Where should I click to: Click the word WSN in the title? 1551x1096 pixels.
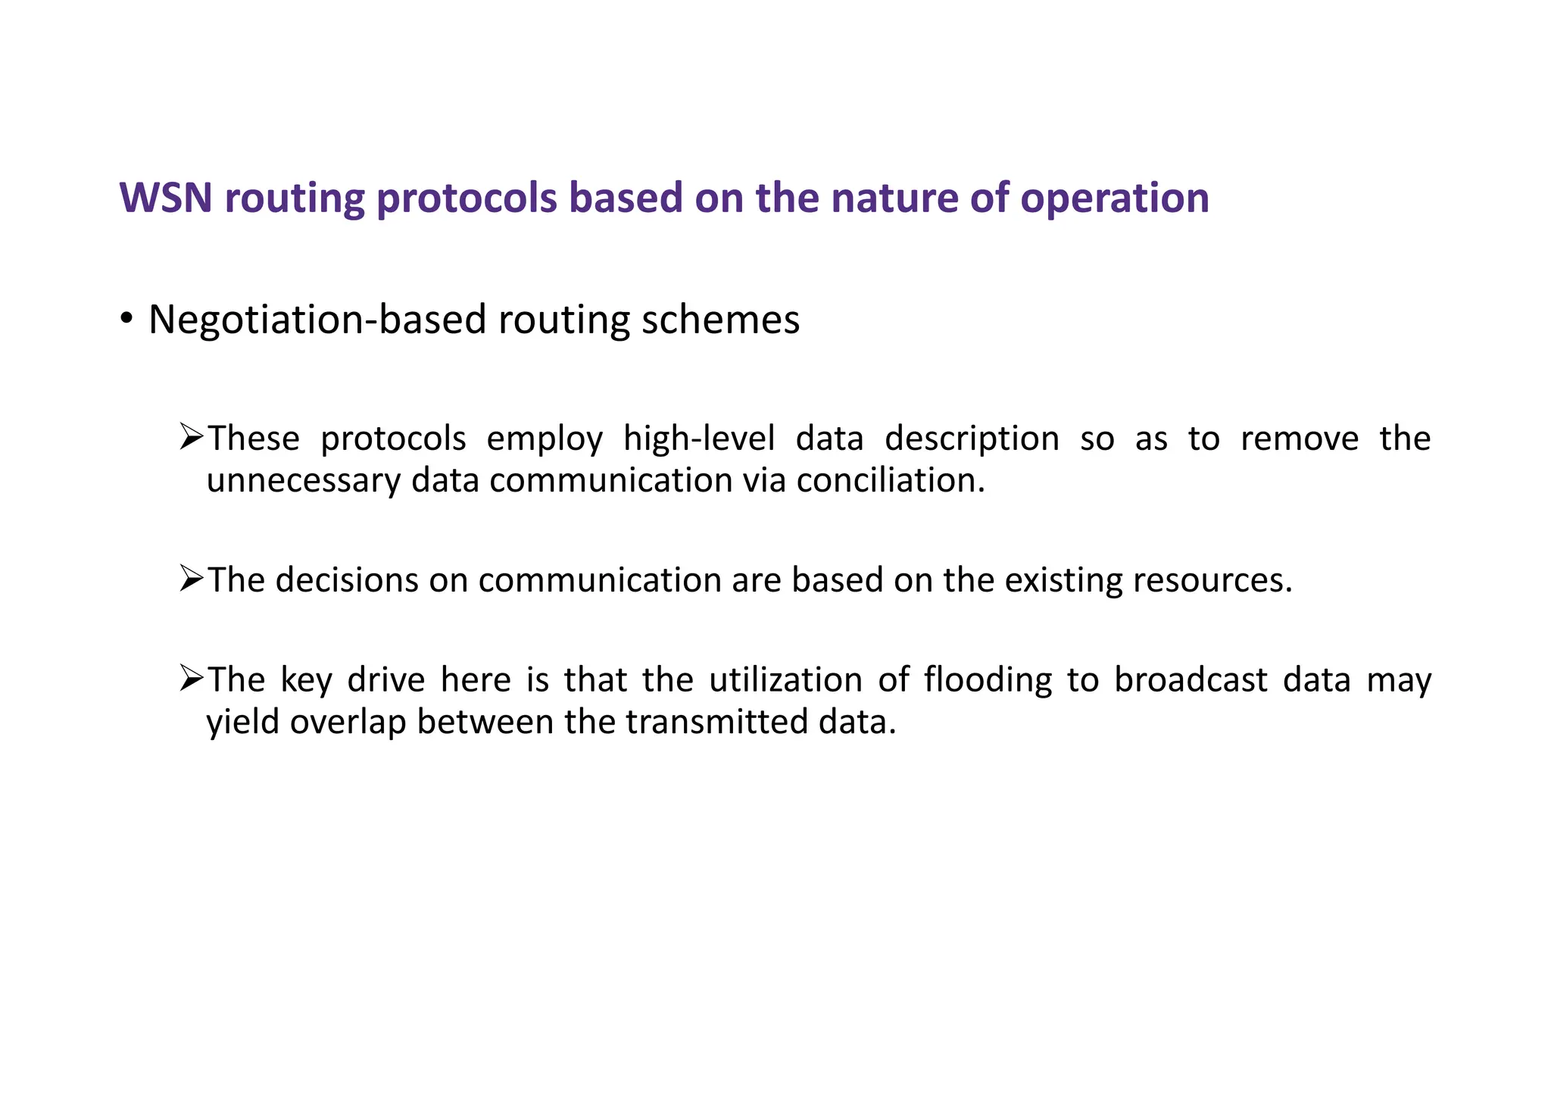166,198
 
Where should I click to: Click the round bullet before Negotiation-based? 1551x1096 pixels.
126,318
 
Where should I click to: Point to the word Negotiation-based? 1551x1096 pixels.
317,320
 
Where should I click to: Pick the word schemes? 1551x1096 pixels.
720,320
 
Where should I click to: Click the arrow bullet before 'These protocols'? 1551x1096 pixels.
192,437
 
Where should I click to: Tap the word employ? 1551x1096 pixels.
544,439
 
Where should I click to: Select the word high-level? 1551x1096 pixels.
699,439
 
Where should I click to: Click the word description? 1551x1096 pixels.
972,439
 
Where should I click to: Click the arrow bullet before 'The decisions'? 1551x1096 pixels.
192,579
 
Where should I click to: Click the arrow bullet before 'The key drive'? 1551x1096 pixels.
192,678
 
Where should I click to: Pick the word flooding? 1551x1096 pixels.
988,680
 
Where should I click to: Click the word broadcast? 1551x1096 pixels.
1191,679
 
